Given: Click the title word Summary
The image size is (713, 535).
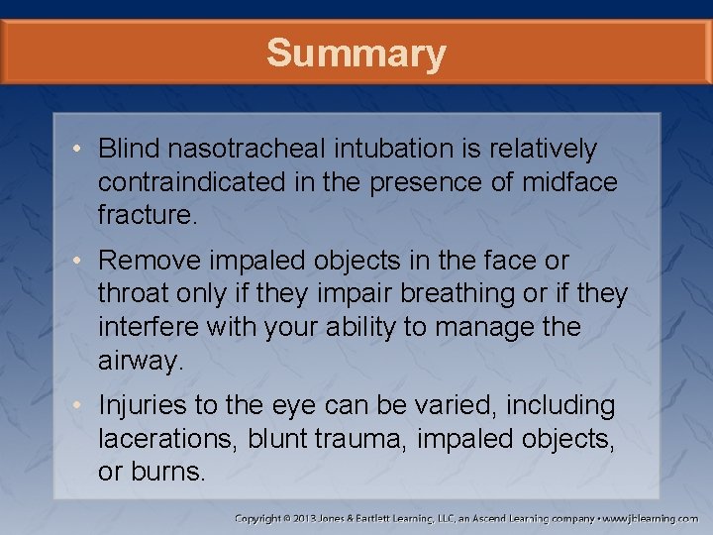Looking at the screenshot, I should click(x=356, y=53).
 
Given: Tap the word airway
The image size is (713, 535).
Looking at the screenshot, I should click(x=140, y=360).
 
